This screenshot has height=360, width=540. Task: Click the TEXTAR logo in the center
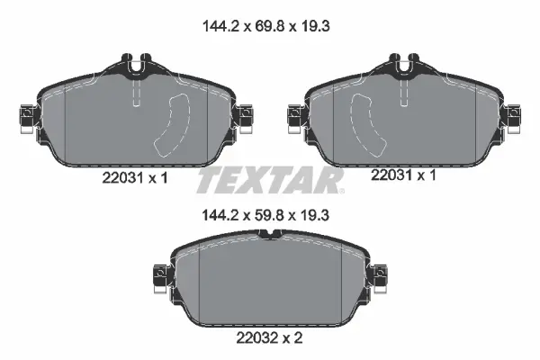click(270, 180)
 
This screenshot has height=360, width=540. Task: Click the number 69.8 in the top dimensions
click(270, 26)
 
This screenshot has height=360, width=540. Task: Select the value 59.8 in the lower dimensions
click(270, 215)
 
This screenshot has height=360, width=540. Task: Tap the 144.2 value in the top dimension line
click(220, 26)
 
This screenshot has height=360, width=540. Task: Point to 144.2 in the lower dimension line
click(220, 215)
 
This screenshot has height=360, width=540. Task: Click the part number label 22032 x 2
click(269, 337)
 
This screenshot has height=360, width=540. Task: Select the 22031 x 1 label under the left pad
click(135, 178)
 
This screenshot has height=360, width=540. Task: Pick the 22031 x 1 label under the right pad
click(403, 175)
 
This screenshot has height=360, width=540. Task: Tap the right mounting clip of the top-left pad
click(244, 118)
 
